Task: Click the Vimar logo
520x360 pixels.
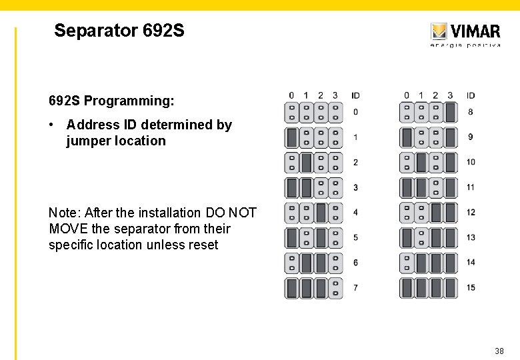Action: point(465,33)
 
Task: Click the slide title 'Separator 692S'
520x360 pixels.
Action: point(119,31)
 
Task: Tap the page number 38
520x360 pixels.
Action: point(499,351)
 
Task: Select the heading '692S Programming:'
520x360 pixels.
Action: point(111,101)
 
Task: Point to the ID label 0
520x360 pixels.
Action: point(355,112)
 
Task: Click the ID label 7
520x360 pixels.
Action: point(355,287)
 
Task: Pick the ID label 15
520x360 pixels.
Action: point(471,287)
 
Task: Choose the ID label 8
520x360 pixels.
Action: point(471,112)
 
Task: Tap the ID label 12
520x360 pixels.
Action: point(471,212)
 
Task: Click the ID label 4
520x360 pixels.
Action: point(355,212)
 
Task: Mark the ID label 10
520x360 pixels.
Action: point(471,162)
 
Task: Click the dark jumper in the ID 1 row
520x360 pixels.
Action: point(292,137)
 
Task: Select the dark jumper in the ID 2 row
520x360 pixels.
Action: point(307,162)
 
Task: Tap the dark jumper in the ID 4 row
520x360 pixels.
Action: point(321,212)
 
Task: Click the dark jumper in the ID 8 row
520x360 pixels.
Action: point(450,112)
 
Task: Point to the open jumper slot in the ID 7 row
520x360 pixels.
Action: point(335,287)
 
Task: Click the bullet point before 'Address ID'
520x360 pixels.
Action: point(52,125)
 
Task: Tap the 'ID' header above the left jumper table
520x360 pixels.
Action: point(355,95)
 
